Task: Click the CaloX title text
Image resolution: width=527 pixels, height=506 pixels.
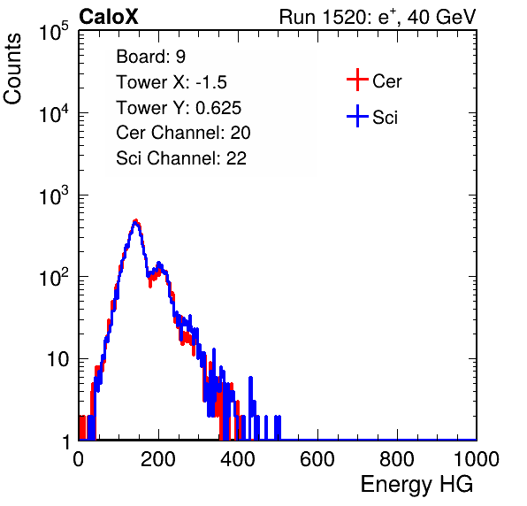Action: click(109, 17)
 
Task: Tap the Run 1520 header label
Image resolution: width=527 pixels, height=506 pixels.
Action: click(378, 17)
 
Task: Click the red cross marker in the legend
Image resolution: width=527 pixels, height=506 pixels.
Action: click(357, 80)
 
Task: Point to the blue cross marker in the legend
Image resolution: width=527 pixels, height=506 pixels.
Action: click(357, 117)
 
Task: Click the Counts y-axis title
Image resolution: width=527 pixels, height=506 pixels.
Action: click(12, 69)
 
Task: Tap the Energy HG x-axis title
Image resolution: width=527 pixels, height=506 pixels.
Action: click(416, 485)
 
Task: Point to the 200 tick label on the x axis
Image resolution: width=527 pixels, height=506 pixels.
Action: click(158, 459)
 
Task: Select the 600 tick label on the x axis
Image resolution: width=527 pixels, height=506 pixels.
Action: click(317, 459)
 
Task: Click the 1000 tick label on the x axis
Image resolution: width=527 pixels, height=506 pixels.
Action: click(477, 459)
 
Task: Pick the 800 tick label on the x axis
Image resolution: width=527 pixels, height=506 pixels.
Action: click(397, 459)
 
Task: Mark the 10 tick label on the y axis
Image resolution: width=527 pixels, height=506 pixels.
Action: click(57, 359)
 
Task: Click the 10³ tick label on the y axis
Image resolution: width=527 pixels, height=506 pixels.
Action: click(54, 195)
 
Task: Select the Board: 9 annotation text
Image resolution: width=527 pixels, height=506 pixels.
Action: click(151, 57)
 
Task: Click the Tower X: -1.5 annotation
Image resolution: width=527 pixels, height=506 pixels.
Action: click(172, 82)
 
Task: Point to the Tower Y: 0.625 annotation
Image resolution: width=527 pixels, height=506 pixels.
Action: click(179, 108)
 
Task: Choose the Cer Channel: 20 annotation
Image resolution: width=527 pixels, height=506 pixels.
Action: click(183, 133)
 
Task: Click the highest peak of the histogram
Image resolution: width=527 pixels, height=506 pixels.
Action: click(135, 221)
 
